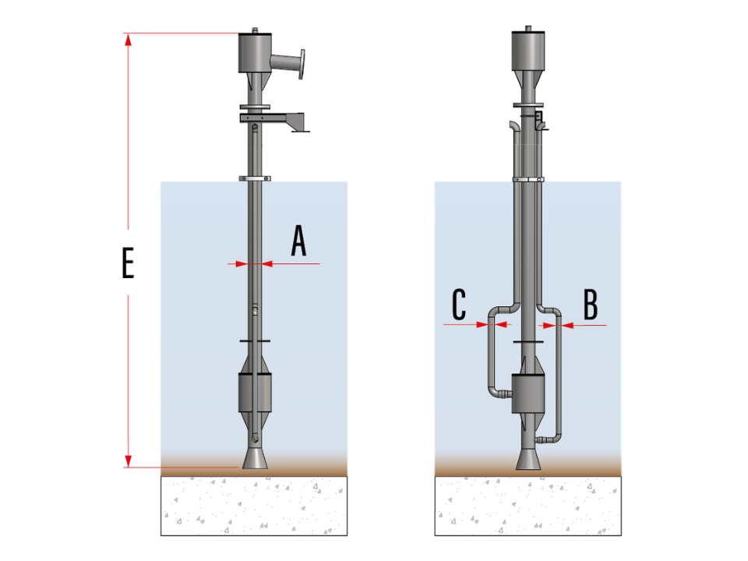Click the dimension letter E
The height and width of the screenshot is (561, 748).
(x=128, y=263)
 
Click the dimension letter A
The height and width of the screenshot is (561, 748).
(x=298, y=241)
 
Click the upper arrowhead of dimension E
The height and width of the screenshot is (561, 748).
(x=128, y=40)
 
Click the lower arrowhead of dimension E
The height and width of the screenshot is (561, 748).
(x=128, y=460)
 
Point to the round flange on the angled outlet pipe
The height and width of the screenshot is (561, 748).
(x=302, y=64)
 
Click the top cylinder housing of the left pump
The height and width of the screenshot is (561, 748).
(x=255, y=52)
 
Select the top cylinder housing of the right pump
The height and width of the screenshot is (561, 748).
(x=528, y=51)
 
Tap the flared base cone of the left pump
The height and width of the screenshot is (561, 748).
(x=255, y=458)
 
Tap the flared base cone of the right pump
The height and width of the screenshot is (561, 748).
(x=528, y=459)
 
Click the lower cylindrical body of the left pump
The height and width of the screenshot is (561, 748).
(x=255, y=392)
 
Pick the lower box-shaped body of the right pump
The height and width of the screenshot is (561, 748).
(x=528, y=393)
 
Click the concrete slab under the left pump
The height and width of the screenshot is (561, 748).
(x=254, y=506)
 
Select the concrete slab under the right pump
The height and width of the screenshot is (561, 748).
(x=528, y=506)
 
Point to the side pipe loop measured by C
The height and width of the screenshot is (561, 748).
(x=492, y=353)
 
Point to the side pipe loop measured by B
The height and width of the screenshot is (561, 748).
(x=558, y=372)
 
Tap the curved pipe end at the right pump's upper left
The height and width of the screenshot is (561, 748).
(x=513, y=127)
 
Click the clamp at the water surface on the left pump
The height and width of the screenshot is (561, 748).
(x=255, y=179)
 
